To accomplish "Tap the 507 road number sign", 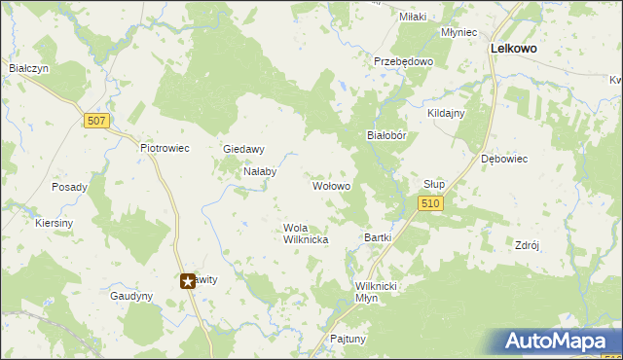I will (95, 121).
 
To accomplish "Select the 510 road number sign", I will (431, 203).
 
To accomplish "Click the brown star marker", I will (188, 281).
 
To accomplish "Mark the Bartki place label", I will (377, 237).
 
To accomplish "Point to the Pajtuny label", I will (348, 340).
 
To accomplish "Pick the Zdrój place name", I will (527, 246).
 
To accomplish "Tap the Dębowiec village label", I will (503, 159).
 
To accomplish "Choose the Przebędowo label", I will (403, 60).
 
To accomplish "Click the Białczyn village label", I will (28, 68).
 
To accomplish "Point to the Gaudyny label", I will (131, 296).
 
